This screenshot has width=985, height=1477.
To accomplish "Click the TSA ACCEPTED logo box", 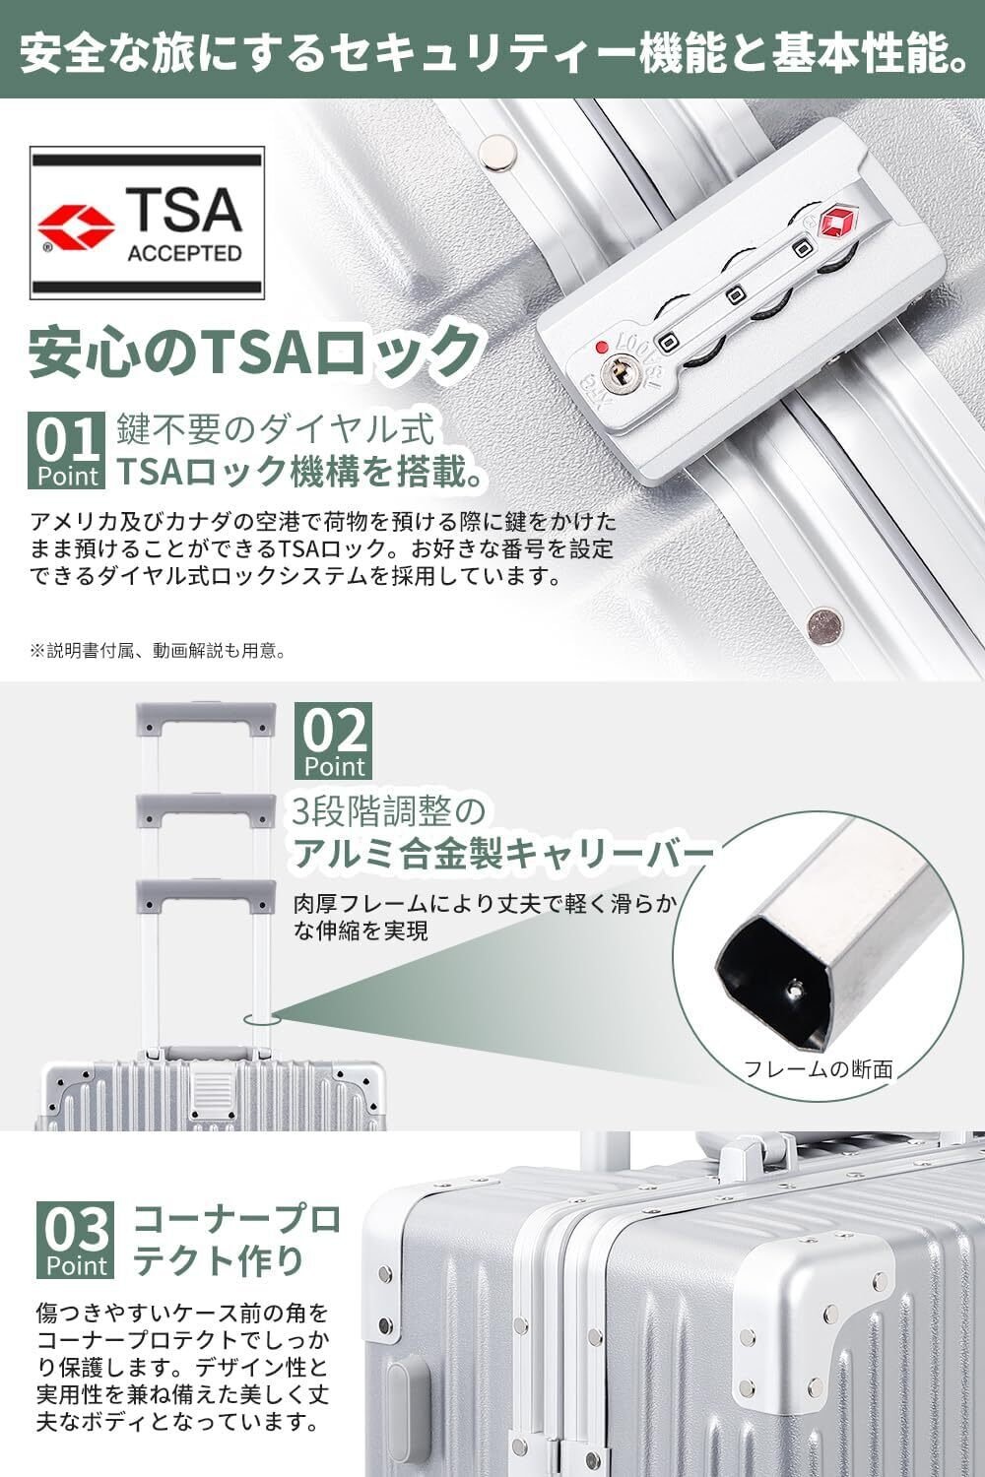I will tap(148, 223).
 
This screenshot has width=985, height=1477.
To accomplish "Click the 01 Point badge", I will tap(67, 451).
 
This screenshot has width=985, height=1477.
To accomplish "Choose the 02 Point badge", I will tap(334, 740).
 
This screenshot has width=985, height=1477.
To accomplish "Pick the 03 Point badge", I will tap(74, 1239).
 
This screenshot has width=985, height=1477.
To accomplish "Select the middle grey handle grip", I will tap(204, 809).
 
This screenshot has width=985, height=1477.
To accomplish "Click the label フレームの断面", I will tap(818, 1068).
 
